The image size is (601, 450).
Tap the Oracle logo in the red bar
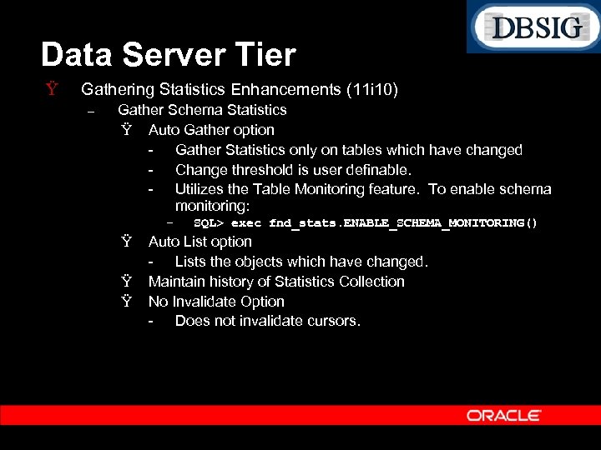coord(503,415)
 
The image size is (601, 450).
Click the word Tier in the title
coord(266,55)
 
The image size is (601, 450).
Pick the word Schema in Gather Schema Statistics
coord(192,110)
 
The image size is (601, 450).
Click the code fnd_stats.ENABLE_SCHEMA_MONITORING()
coord(403,223)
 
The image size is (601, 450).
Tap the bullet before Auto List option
coord(126,242)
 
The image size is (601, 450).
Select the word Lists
coord(193,262)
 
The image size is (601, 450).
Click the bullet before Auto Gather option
coord(126,130)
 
